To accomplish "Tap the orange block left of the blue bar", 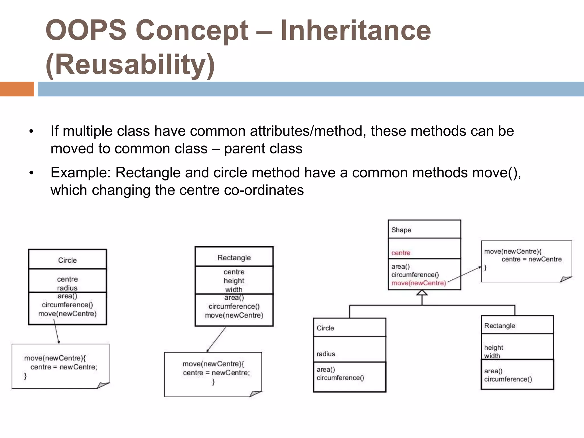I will point(17,89).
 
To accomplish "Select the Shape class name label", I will point(401,230).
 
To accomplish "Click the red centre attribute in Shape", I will point(401,253).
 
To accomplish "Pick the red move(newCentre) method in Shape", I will point(418,283).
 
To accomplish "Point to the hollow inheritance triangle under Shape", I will point(422,293).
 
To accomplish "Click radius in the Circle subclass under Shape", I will point(326,354).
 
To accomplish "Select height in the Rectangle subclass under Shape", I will point(493,347).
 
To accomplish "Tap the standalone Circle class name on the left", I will point(67,260).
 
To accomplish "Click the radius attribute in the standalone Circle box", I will point(67,288).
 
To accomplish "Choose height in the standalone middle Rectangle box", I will point(234,281).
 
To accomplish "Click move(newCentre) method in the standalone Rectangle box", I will point(234,315).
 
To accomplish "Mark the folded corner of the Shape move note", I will point(565,279).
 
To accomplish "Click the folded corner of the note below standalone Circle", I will point(103,385).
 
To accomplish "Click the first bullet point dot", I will point(31,132).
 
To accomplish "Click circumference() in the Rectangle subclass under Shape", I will point(508,379).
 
